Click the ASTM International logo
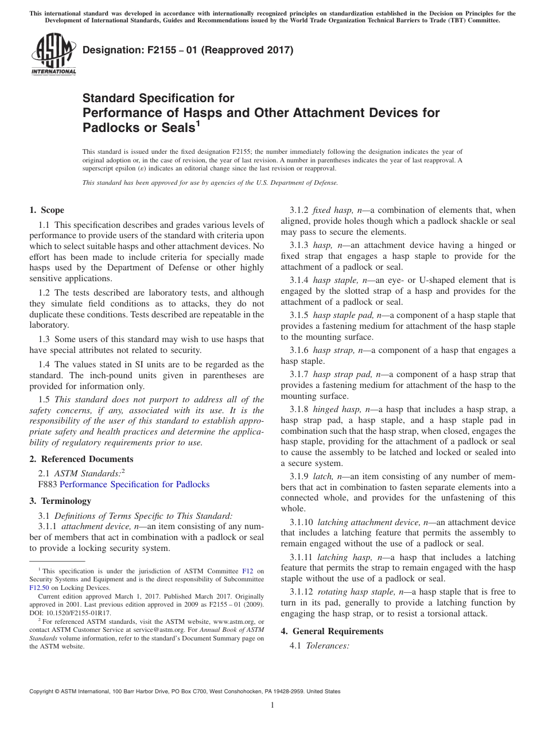(53, 55)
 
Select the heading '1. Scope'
(47, 210)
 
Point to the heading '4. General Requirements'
(332, 631)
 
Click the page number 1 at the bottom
(272, 705)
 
